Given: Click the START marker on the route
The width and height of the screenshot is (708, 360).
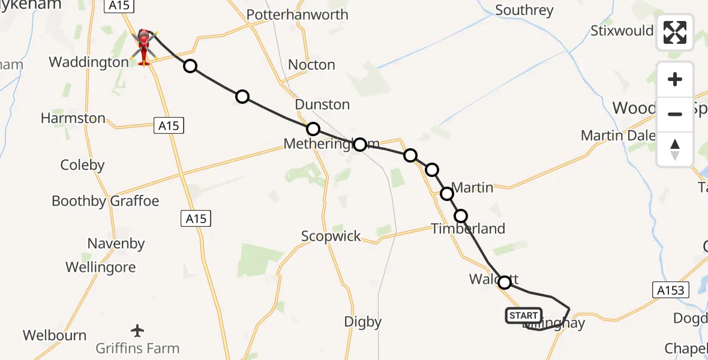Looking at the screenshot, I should (524, 316).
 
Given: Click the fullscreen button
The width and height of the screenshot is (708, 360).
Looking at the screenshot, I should (675, 32).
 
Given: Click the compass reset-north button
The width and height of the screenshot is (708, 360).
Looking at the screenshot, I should (675, 149).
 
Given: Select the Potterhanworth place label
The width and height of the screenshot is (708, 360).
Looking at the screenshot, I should (297, 14).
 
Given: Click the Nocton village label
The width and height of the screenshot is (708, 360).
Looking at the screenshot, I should (311, 65).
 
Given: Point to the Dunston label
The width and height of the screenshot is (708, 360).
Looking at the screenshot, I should (322, 104).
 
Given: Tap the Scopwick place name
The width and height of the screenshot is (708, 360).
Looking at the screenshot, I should (331, 236).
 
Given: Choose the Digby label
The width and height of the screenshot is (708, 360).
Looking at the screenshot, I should (362, 322).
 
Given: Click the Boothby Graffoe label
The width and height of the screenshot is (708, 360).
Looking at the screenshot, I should (106, 201).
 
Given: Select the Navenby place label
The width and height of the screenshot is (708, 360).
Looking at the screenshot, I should (116, 244).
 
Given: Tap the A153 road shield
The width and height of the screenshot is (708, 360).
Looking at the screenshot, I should (669, 290).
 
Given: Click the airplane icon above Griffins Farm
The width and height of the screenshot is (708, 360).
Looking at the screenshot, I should (137, 330).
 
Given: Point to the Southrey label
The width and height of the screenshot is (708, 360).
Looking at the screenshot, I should (524, 10).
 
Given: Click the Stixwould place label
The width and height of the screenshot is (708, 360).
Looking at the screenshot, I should (621, 31).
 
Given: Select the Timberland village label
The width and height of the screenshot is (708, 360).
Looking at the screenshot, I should (468, 229).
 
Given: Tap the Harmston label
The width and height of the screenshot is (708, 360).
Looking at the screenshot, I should (73, 118).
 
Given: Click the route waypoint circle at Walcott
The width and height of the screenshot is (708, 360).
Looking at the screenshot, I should (505, 282).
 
